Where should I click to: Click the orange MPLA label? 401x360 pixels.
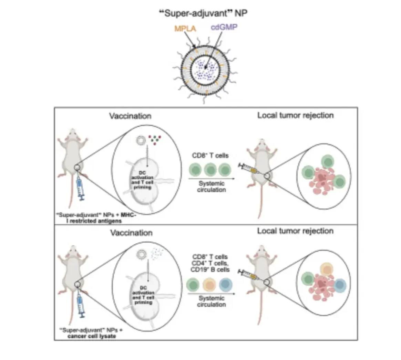pyautogui.click(x=185, y=28)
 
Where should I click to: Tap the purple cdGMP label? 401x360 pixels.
pyautogui.click(x=224, y=27)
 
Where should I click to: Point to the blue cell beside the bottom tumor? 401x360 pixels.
pyautogui.click(x=339, y=285)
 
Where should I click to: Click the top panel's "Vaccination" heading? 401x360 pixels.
pyautogui.click(x=130, y=116)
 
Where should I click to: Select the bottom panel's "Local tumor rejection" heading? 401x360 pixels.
pyautogui.click(x=295, y=231)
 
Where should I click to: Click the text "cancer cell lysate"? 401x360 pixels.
pyautogui.click(x=92, y=336)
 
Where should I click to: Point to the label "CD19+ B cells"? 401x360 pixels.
pyautogui.click(x=210, y=269)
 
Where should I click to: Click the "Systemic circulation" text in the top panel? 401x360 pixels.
pyautogui.click(x=212, y=187)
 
